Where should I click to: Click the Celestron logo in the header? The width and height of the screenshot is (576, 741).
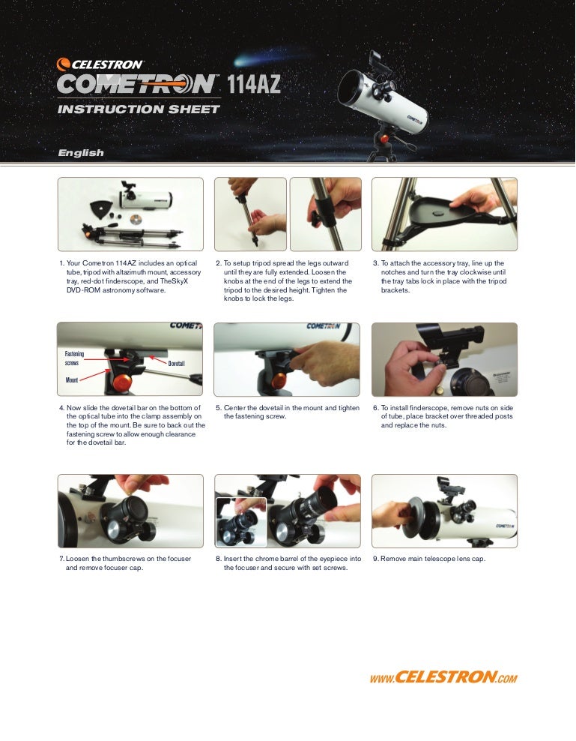coord(100,64)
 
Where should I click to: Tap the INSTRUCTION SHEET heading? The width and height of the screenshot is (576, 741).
coord(139,109)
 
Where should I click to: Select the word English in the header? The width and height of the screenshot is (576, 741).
coord(81,153)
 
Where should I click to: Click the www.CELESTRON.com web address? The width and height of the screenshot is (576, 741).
coord(443,678)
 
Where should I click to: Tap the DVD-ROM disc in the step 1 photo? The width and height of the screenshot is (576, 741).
coord(136,220)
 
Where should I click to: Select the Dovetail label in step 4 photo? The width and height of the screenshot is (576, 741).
coord(176,363)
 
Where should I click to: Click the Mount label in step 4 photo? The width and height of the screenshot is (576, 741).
coord(72,380)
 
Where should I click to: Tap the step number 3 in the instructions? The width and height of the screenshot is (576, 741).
coord(375,264)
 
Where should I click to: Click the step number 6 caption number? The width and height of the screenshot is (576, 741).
coord(375,408)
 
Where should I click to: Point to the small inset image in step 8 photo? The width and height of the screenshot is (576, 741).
coord(241,521)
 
